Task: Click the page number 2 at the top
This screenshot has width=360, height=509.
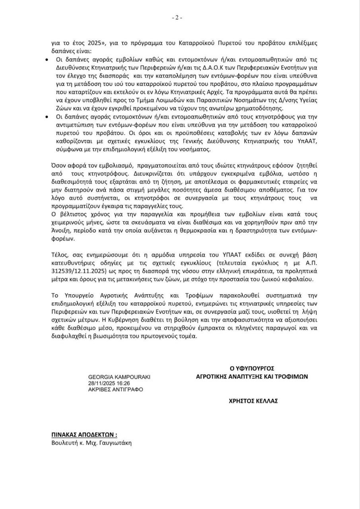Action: (177, 17)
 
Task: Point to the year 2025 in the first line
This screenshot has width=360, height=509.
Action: (88, 42)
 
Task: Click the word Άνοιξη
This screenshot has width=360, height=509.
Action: (61, 231)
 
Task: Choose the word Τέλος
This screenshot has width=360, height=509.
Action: (59, 254)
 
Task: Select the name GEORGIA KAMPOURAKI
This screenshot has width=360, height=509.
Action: (119, 377)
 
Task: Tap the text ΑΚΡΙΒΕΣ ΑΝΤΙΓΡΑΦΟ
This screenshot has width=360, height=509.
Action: (115, 390)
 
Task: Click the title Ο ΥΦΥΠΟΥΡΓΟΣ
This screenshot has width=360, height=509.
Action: (252, 368)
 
